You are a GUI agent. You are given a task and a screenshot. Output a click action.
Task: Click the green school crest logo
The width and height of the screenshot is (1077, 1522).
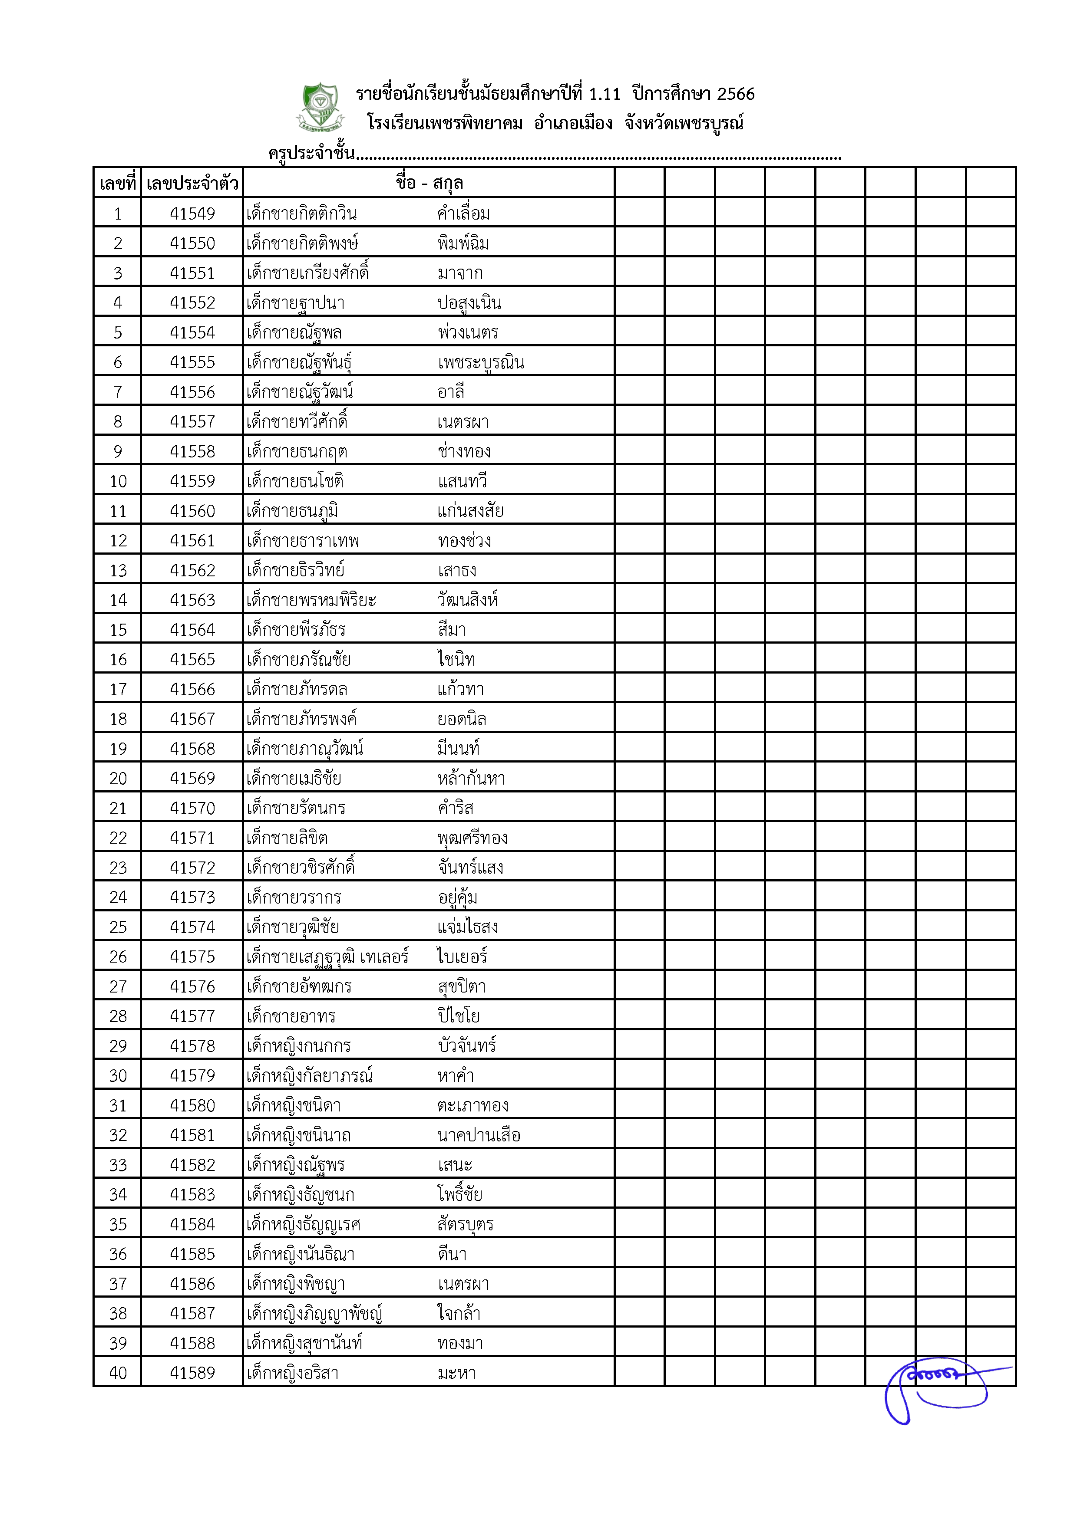[x=320, y=106]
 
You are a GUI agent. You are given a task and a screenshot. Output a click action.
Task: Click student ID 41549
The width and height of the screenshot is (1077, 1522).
[x=192, y=214]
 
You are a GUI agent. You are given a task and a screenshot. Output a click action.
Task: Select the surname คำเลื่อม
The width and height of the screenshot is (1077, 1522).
[x=463, y=214]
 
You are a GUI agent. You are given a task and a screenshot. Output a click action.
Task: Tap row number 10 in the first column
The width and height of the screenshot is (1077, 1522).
[x=118, y=481]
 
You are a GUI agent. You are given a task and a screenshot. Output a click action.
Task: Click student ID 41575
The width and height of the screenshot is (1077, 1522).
[x=192, y=957]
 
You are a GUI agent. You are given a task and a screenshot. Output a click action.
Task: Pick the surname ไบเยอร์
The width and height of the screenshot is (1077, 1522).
[x=462, y=957]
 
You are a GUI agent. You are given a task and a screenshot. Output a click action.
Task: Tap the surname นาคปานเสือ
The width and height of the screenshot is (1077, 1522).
[x=479, y=1136]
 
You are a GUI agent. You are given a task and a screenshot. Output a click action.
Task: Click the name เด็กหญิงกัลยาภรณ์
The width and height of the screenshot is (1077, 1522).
[x=310, y=1076]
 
